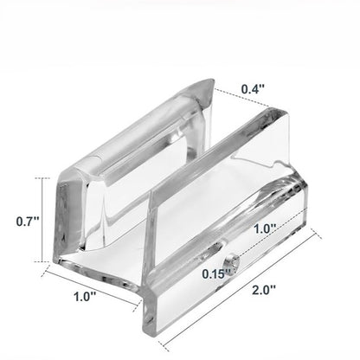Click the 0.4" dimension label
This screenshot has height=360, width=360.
pyautogui.click(x=253, y=89)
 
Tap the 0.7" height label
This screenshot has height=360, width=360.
pyautogui.click(x=28, y=222)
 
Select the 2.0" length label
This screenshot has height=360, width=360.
pyautogui.click(x=264, y=290)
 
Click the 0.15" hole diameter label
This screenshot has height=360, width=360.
pyautogui.click(x=216, y=273)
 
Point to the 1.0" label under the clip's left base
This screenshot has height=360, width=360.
pyautogui.click(x=85, y=297)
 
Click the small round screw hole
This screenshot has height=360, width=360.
pyautogui.click(x=232, y=264)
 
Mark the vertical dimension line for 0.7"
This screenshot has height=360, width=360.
pyautogui.click(x=42, y=220)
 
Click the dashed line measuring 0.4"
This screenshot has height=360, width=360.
pyautogui.click(x=242, y=97)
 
